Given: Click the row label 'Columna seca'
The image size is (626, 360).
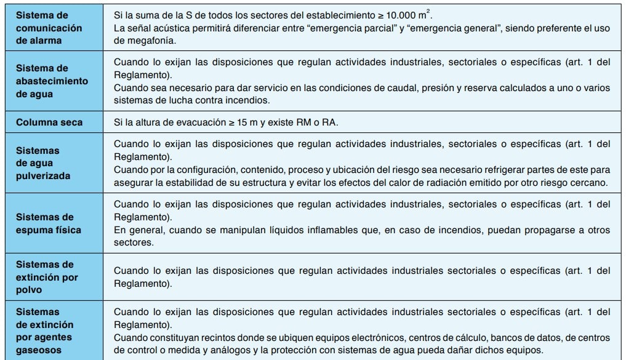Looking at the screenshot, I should (x=49, y=122).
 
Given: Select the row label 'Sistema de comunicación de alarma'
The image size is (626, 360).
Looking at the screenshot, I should (x=49, y=28).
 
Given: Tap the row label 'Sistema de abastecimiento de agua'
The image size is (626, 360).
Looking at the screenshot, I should (x=52, y=81).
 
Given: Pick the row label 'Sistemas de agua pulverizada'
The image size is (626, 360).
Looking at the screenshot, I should (x=42, y=163).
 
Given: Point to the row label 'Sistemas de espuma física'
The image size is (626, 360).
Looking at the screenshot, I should (x=49, y=223).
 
